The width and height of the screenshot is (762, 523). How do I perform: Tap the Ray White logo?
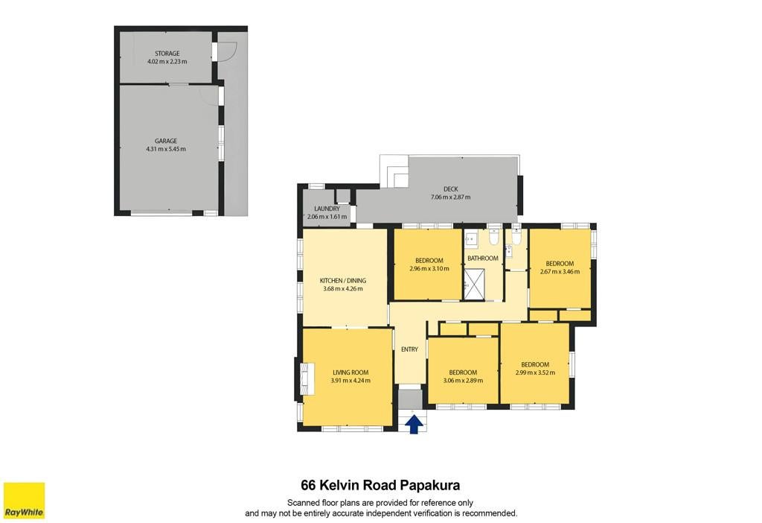(x=25, y=501)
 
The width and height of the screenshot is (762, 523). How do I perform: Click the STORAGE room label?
(x=167, y=54)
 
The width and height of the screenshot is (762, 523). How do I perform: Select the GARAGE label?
(x=166, y=141)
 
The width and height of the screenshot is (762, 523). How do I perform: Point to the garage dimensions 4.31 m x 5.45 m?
(x=166, y=149)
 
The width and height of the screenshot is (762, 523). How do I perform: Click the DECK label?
(x=450, y=188)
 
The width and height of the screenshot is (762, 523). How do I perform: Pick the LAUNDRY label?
(x=327, y=209)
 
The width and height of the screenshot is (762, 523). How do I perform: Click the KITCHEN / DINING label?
(x=343, y=281)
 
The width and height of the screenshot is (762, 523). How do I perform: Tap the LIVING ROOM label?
(x=350, y=373)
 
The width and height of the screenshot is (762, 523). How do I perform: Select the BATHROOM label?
(x=482, y=259)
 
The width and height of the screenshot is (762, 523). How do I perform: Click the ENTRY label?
(x=410, y=349)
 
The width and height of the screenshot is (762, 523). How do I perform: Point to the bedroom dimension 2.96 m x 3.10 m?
(x=429, y=268)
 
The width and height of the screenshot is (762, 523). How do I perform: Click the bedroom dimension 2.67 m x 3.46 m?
(x=560, y=271)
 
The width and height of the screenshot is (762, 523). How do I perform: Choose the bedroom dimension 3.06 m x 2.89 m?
(x=463, y=381)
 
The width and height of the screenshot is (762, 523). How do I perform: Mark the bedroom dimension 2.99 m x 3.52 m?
(x=535, y=373)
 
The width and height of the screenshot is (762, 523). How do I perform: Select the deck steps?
(x=394, y=172)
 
